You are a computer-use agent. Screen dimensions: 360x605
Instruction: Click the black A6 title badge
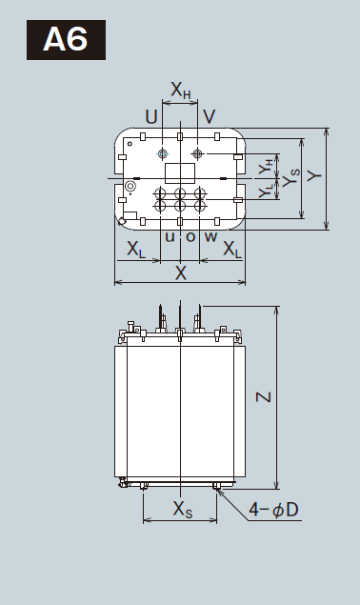66,40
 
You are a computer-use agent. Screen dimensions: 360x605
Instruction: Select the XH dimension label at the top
181,91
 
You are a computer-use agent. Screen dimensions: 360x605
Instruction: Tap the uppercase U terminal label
151,116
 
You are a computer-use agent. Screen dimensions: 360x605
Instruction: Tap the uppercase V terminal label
209,116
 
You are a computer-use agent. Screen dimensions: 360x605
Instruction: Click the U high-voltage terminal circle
163,153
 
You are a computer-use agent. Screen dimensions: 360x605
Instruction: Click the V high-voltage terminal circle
197,153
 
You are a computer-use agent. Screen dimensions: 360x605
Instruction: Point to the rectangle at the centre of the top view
180,173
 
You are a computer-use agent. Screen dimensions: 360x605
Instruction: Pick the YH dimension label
266,166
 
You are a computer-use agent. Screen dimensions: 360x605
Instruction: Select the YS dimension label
290,177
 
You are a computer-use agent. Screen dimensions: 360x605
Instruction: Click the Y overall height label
315,176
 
